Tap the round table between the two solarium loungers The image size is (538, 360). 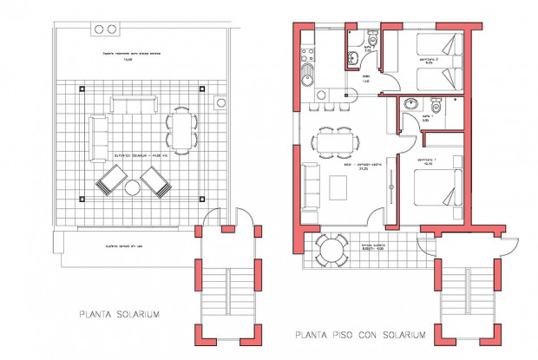point(133,188)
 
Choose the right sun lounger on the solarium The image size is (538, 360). point(156,182)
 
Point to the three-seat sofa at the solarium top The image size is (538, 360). point(131,106)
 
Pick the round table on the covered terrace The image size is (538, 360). point(331,252)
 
